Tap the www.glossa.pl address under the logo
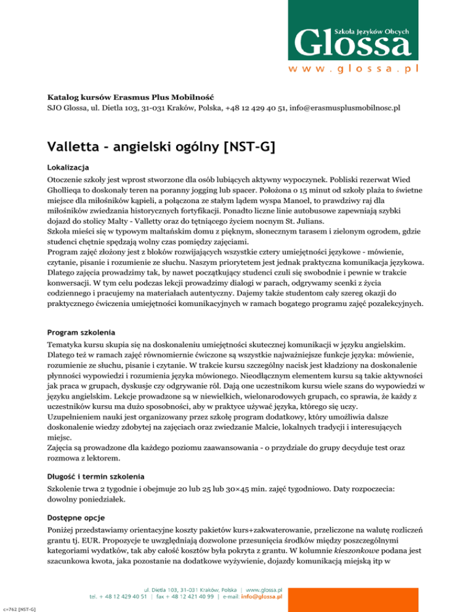pyautogui.click(x=354, y=69)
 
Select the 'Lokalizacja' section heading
pyautogui.click(x=69, y=167)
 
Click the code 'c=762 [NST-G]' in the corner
pyautogui.click(x=17, y=608)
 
